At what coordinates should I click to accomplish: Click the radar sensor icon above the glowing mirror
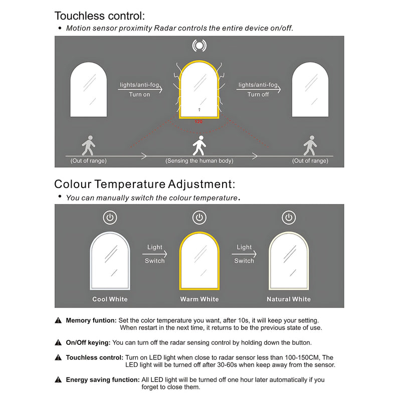point(199,46)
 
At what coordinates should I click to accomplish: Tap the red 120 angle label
point(198,122)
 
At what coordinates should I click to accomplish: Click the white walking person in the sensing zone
point(199,145)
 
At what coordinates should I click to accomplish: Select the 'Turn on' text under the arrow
point(139,94)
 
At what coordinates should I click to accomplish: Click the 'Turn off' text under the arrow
point(258,94)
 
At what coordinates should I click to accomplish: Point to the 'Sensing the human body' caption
point(199,161)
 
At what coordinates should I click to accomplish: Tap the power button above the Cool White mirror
point(110,218)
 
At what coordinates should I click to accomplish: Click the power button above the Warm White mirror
point(199,218)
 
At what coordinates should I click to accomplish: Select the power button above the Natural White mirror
point(288,218)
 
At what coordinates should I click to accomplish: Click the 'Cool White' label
point(110,299)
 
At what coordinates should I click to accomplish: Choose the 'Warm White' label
point(199,299)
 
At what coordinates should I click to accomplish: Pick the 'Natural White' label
point(288,299)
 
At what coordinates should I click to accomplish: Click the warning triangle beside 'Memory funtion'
point(59,320)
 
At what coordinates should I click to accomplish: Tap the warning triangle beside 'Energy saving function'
point(59,380)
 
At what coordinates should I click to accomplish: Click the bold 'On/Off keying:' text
point(88,343)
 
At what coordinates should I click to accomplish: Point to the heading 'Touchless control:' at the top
point(101,16)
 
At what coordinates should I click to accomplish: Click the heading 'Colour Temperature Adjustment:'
point(144,184)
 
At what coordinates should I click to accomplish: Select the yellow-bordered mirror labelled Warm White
point(199,261)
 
